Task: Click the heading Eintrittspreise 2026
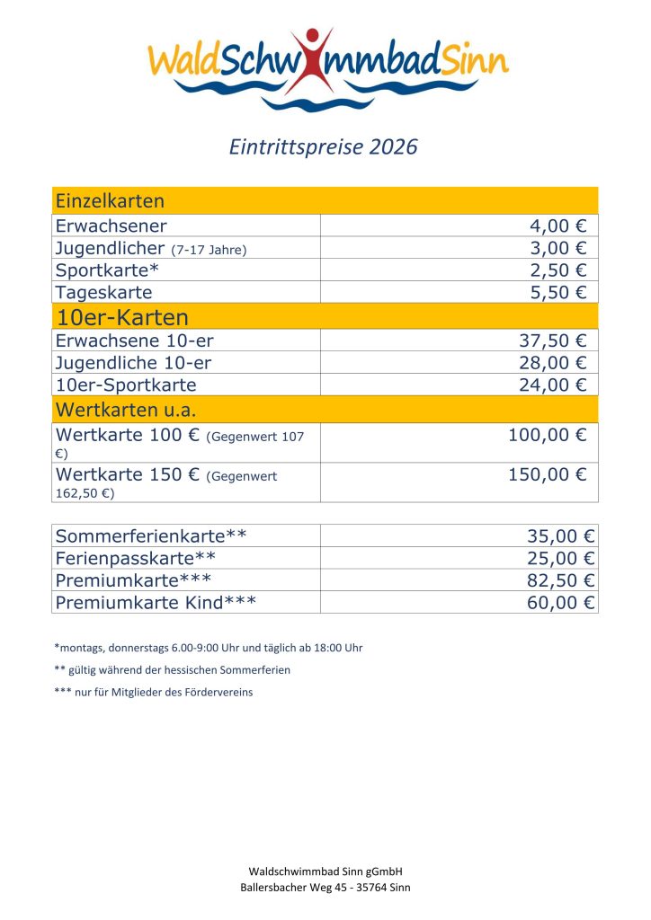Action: (325, 146)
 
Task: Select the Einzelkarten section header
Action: (110, 200)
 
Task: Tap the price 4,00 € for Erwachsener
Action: (557, 226)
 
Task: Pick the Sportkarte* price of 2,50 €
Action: (557, 270)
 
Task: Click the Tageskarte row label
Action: (103, 292)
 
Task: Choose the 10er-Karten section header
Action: (122, 316)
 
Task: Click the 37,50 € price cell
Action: (552, 341)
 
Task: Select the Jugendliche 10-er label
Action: (133, 363)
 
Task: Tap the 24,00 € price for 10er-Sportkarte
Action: (552, 385)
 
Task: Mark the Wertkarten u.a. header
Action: (125, 410)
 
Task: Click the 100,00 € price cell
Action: (547, 435)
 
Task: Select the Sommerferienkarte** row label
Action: (151, 536)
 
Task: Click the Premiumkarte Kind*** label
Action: (156, 602)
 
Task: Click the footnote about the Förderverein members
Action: (154, 692)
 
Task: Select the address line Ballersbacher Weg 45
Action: (325, 888)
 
